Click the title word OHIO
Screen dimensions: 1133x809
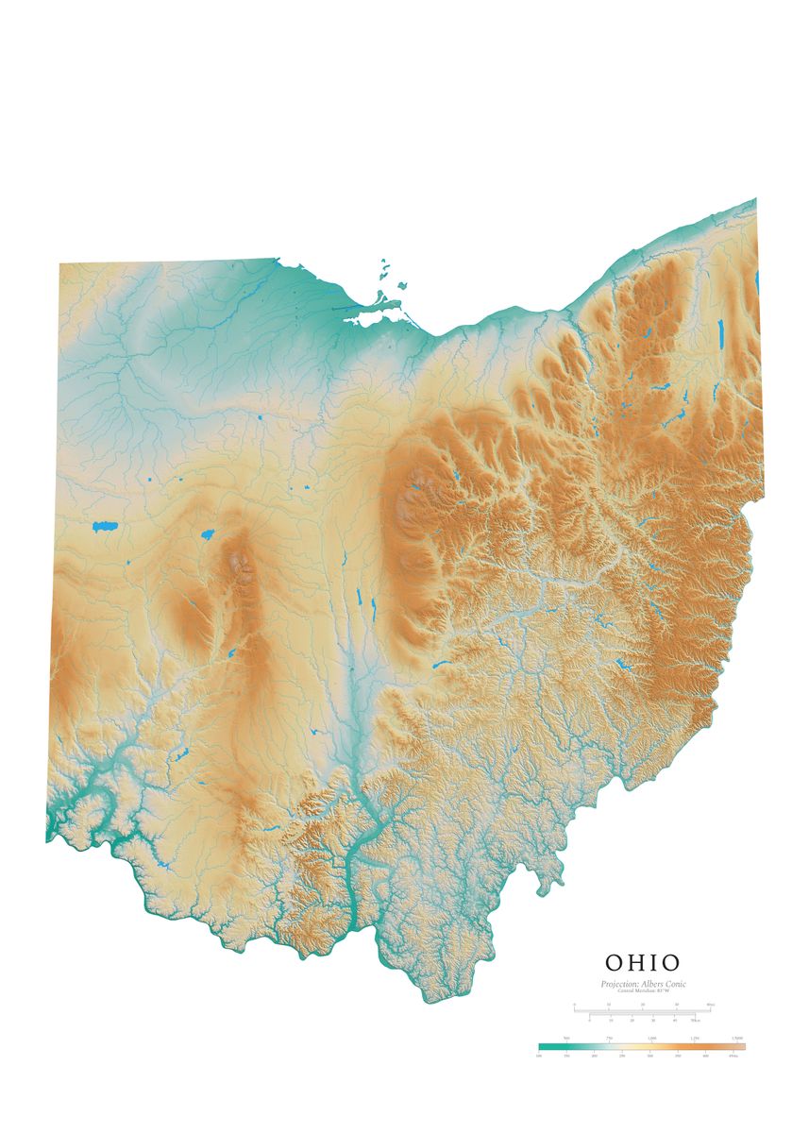click(643, 963)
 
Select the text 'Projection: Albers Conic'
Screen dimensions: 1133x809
click(643, 984)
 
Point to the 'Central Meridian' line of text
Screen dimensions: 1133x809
click(643, 990)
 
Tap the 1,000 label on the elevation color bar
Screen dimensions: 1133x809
click(651, 1039)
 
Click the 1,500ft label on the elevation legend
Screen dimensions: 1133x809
click(737, 1039)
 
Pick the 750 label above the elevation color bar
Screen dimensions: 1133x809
click(609, 1039)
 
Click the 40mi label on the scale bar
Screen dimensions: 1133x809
click(710, 1005)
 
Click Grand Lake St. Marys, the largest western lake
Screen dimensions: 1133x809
click(104, 526)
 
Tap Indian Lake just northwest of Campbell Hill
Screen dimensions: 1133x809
click(207, 534)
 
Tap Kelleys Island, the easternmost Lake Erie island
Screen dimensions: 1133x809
click(402, 283)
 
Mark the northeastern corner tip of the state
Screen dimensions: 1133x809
click(756, 199)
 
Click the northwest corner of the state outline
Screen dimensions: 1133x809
click(59, 263)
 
